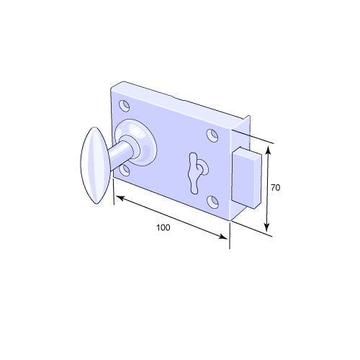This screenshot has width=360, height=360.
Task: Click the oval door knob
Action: pyautogui.click(x=94, y=163)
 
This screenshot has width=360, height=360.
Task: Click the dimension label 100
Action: pyautogui.click(x=163, y=228)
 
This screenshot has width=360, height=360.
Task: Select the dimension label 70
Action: pyautogui.click(x=275, y=187)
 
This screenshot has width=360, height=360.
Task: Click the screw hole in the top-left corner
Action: pyautogui.click(x=125, y=105)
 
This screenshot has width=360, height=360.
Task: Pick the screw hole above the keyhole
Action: pyautogui.click(x=212, y=135)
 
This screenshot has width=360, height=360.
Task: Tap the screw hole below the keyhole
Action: pyautogui.click(x=213, y=199)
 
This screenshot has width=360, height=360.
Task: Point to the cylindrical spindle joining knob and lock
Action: pyautogui.click(x=121, y=153)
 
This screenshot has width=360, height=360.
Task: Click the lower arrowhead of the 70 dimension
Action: pyautogui.click(x=269, y=227)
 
